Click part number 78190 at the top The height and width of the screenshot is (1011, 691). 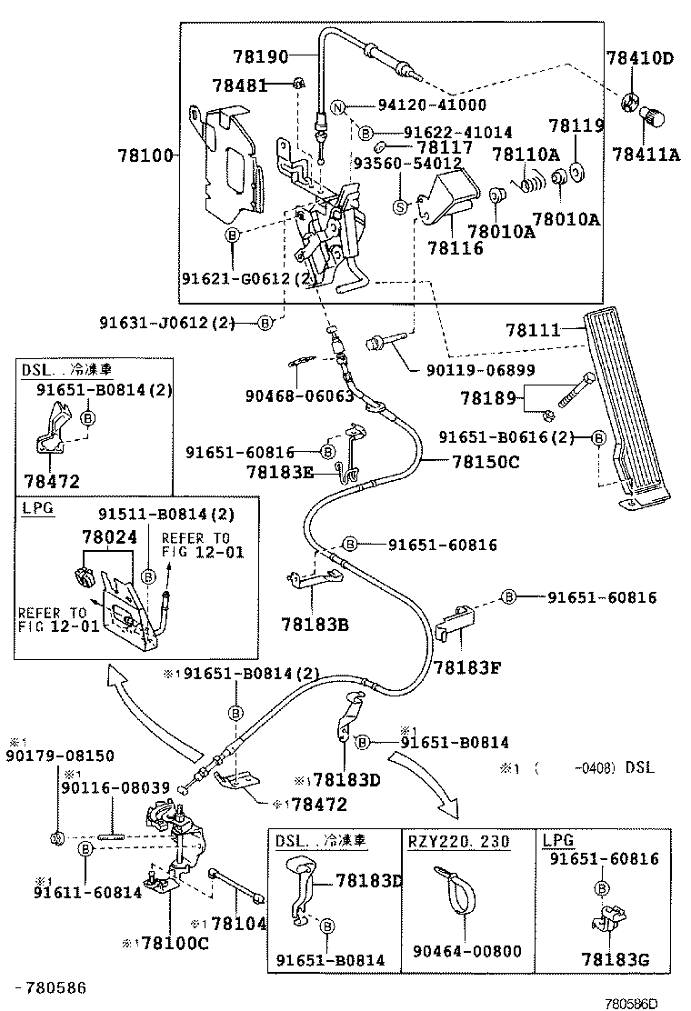coord(261,56)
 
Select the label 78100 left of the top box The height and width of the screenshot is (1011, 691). coord(145,156)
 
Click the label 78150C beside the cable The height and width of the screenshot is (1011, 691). coord(486,462)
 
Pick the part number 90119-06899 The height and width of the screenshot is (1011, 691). coord(479,370)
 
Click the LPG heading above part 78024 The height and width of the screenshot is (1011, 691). coord(37,508)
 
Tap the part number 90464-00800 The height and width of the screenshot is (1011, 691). coord(467,951)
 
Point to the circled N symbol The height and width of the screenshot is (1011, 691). coord(337,106)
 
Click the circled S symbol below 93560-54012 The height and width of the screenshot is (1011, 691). coord(399,207)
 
